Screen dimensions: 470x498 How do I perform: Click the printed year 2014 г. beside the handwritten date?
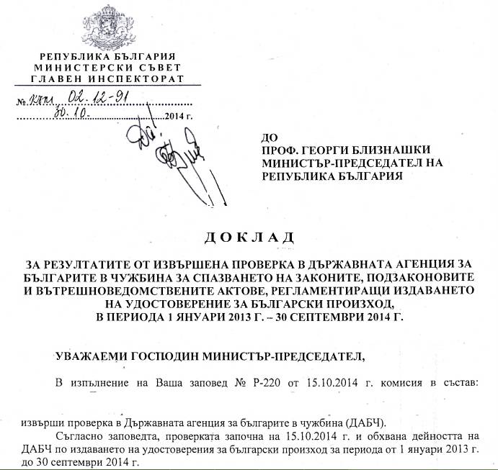point(179,116)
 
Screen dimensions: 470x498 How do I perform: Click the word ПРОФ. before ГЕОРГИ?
point(278,150)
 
